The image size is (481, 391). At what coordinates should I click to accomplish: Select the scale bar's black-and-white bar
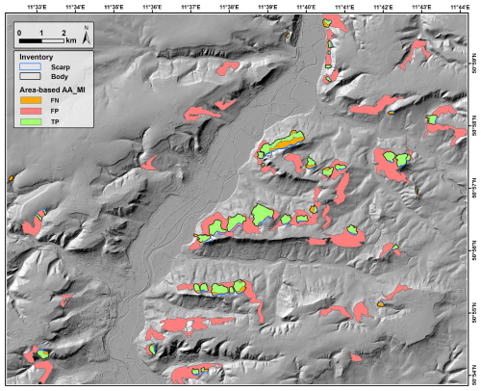click(x=41, y=41)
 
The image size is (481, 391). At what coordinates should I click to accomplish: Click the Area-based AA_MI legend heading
click(x=51, y=89)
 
